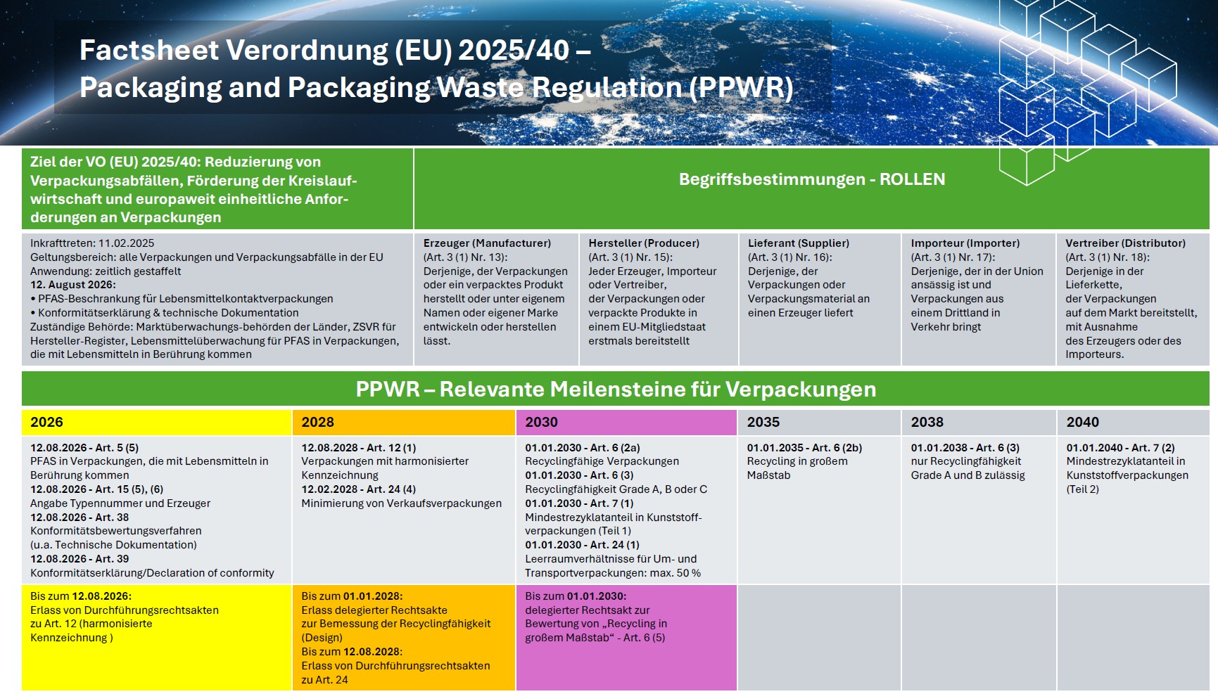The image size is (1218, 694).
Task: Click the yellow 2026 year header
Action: point(46,422)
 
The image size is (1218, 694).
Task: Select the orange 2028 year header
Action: point(317,422)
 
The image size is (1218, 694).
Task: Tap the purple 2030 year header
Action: point(541,422)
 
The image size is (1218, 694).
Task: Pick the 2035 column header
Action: point(763,422)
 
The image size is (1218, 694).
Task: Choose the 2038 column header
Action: point(927,422)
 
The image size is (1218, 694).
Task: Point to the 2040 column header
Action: point(1082,422)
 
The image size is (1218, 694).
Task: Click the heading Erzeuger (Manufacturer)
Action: point(487,243)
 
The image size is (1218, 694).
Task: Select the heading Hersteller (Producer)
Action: point(644,243)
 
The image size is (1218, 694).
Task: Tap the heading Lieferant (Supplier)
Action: point(799,243)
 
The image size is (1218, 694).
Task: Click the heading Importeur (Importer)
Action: point(965,243)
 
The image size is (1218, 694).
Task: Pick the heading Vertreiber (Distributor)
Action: point(1125,243)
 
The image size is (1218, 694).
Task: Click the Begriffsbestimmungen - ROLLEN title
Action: point(812,179)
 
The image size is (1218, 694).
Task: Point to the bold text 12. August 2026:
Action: point(73,285)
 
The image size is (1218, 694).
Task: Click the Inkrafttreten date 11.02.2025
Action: point(126,243)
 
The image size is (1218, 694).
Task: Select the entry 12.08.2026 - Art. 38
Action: point(80,518)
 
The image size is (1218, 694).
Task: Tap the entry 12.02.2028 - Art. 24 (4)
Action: point(358,489)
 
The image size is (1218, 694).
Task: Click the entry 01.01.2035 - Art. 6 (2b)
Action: point(804,448)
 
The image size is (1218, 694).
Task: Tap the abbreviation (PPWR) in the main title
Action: point(741,88)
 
